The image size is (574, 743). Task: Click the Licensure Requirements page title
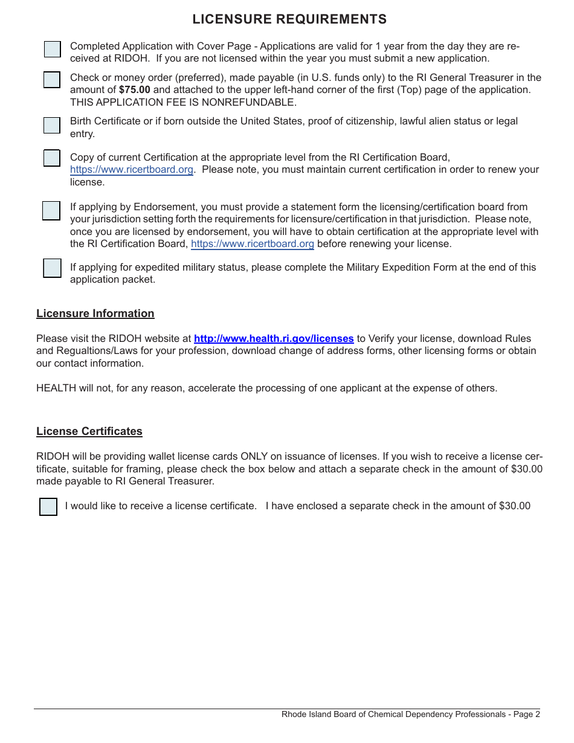289,19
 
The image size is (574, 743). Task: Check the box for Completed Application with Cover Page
53,50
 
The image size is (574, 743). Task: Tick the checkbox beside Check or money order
52,80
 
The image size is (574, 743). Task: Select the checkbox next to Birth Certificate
52,125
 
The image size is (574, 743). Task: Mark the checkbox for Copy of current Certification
52,158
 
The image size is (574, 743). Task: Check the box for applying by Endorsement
51,211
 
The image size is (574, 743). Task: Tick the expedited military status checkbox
52,268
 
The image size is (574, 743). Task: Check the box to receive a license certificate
48,507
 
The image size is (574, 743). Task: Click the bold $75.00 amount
135,90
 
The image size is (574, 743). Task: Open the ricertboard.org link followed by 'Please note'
132,170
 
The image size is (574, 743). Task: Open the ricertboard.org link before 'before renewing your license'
253,244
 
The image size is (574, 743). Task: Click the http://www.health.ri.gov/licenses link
274,339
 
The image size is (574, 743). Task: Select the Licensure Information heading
95,314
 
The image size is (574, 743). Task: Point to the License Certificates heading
89,431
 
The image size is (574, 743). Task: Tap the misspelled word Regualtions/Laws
85,351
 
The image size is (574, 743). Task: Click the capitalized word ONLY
254,457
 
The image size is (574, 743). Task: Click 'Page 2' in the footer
527,715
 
